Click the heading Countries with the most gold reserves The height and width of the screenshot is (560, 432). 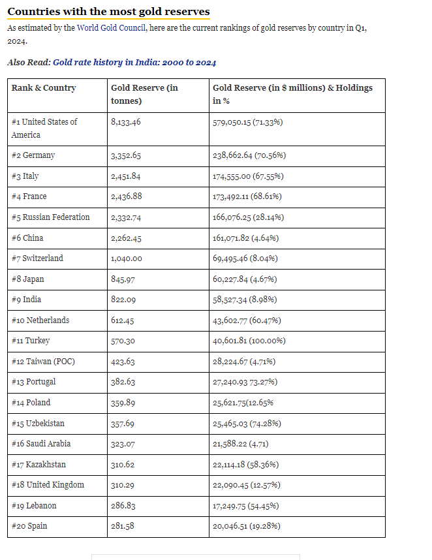click(x=108, y=12)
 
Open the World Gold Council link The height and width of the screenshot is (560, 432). click(x=111, y=28)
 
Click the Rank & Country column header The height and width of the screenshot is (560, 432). click(x=44, y=88)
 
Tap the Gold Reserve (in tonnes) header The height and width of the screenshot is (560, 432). click(x=144, y=94)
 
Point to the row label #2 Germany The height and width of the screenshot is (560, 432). click(x=33, y=155)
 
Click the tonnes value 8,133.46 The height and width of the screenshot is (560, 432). click(x=131, y=122)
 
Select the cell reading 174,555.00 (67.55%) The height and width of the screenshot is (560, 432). click(x=249, y=176)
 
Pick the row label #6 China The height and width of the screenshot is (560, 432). click(x=27, y=238)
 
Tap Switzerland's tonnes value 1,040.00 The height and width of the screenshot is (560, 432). click(x=127, y=258)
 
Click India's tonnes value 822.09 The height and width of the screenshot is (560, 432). click(x=124, y=300)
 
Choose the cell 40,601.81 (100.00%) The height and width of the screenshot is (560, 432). click(x=249, y=341)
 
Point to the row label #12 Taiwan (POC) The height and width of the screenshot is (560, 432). click(x=43, y=362)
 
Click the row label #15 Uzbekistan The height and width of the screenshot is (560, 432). click(x=38, y=424)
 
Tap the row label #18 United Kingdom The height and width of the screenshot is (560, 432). click(x=48, y=485)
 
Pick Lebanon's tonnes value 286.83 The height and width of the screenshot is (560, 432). click(x=124, y=506)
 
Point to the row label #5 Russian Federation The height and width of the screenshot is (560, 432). click(x=51, y=217)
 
